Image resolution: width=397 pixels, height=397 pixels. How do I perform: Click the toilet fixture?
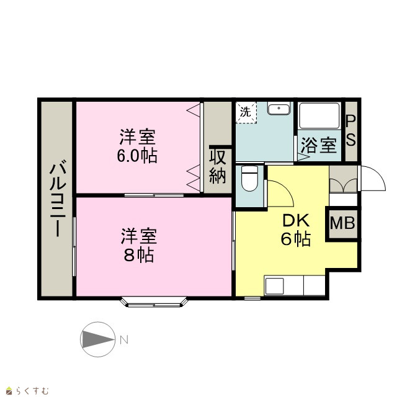[x=249, y=178]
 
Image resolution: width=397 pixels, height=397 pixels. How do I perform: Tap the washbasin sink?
[x=279, y=109]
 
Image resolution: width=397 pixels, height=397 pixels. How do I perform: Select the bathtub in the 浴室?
[x=319, y=115]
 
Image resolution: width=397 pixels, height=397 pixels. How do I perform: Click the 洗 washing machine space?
[x=246, y=112]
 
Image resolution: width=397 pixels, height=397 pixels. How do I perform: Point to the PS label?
[x=351, y=131]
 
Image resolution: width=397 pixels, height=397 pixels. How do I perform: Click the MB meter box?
[x=342, y=224]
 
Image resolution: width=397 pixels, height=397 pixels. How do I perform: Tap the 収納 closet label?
[x=218, y=167]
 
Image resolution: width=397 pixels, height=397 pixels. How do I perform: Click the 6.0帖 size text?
[x=137, y=156]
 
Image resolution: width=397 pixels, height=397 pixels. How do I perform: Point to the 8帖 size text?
[x=138, y=255]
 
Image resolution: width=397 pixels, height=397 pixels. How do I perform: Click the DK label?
[x=296, y=220]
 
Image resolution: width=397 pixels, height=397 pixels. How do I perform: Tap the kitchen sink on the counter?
[x=274, y=286]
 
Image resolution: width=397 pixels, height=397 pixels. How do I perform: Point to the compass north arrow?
[x=97, y=339]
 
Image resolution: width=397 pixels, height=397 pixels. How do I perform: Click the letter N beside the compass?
[x=124, y=340]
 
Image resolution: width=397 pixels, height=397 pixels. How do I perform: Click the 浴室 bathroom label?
[x=319, y=146]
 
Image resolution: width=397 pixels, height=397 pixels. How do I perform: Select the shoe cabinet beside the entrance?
[x=343, y=179]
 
